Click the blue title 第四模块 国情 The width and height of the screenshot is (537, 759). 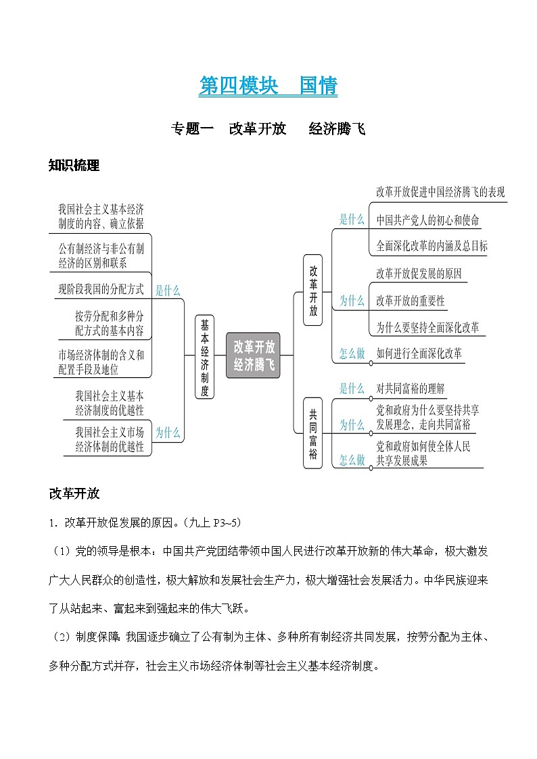point(268,86)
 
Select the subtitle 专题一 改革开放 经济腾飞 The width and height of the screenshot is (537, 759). point(268,128)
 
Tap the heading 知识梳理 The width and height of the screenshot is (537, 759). point(74,165)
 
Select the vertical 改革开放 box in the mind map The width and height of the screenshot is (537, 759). point(312,290)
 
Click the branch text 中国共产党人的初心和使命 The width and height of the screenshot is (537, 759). point(427,220)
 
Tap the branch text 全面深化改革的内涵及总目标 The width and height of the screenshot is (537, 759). point(431,246)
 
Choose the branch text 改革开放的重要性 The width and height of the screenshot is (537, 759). point(411,301)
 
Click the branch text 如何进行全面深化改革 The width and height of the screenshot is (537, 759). point(419,353)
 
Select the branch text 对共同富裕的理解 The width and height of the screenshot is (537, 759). point(411,389)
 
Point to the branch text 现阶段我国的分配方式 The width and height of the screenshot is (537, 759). point(101,289)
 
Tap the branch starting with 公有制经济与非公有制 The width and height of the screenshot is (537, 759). point(101,255)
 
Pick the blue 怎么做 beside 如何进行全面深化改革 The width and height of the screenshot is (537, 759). point(352,353)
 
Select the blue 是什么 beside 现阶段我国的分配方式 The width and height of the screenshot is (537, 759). point(168,291)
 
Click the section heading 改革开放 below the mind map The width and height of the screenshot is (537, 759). point(74,493)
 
